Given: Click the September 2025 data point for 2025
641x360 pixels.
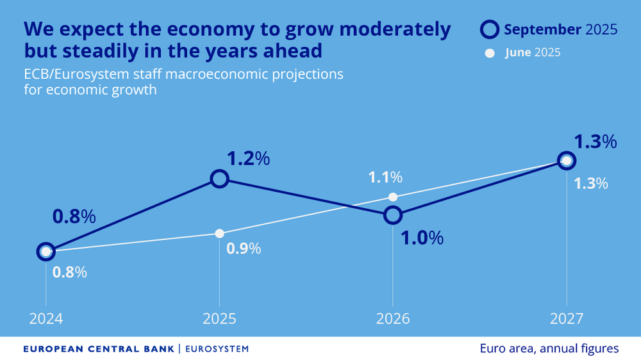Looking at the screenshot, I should tap(219, 179).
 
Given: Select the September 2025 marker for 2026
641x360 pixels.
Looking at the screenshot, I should tap(393, 215).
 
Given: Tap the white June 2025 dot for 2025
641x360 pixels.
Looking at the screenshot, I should tap(219, 233).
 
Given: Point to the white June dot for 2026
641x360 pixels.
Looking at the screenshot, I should tap(393, 197).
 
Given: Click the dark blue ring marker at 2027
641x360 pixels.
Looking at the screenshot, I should tap(566, 160).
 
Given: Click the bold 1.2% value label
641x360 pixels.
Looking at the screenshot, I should tap(248, 158).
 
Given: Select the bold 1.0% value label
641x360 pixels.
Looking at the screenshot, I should tap(422, 238).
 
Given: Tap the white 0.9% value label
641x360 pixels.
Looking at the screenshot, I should tap(244, 249).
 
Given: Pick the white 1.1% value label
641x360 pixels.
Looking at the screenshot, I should tap(385, 177).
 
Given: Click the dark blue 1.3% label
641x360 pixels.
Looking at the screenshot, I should tap(595, 142).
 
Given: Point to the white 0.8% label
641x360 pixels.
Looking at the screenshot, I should tap(69, 272).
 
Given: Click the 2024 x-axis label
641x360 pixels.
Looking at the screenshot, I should tap(46, 318).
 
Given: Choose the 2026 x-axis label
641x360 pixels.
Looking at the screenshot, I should tap(393, 318).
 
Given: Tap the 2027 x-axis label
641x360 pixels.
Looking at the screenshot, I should tap(566, 318).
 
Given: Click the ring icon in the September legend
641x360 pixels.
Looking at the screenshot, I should tap(490, 29).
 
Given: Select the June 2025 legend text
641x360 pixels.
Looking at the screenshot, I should tap(532, 53).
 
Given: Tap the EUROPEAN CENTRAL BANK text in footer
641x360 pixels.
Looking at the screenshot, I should tap(99, 348).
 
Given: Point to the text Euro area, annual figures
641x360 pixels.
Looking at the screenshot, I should tap(549, 348).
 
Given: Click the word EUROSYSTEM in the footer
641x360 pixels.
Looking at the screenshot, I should tap(217, 348).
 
